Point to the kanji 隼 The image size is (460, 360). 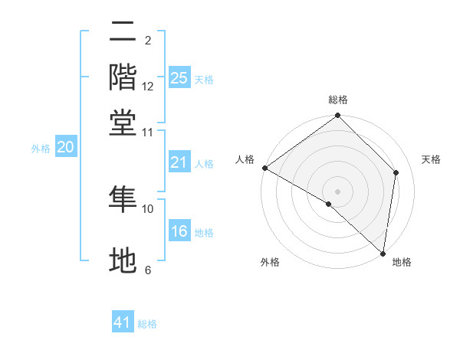click(123, 198)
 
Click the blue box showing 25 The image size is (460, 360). click(179, 78)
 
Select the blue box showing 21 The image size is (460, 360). click(179, 162)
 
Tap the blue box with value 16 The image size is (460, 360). click(179, 232)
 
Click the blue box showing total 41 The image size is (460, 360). click(123, 322)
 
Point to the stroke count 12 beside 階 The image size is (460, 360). click(148, 87)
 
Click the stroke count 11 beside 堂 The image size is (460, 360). click(148, 132)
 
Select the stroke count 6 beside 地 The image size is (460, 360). click(148, 270)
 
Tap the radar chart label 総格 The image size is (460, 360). click(337, 100)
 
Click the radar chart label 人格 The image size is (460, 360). click(245, 159)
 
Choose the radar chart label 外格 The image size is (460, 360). click(270, 263)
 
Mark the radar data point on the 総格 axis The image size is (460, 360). click(337, 116)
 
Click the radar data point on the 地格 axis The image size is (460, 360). click(383, 253)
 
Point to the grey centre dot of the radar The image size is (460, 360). click(337, 191)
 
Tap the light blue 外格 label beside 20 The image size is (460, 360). click(40, 149)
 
